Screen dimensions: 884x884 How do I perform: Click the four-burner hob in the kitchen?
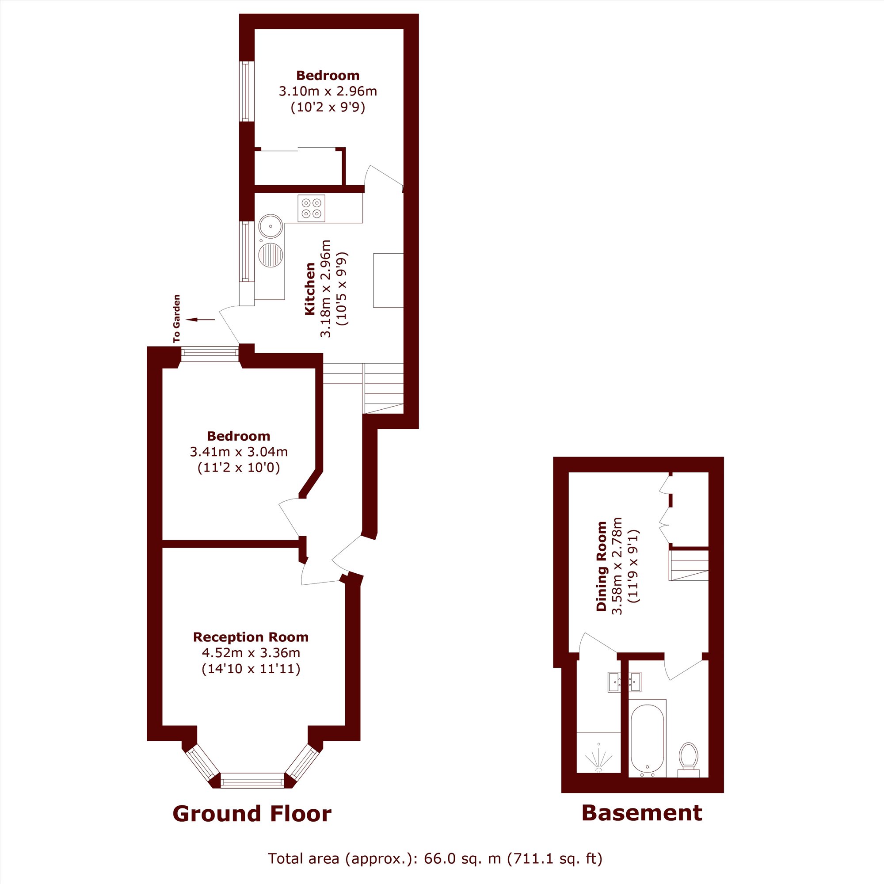312,209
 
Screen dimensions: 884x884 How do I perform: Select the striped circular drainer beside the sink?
271,255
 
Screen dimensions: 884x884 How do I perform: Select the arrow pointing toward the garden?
200,320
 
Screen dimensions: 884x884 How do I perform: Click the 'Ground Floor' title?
252,814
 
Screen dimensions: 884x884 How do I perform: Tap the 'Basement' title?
642,813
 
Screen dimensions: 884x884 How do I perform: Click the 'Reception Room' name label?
251,637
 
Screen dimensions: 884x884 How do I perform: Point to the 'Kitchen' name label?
310,289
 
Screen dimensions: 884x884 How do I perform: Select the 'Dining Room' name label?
601,566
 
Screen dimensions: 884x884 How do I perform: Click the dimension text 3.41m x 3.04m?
239,452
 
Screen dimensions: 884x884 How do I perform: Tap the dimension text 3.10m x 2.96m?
328,91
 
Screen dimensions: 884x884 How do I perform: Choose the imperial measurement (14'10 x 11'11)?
251,669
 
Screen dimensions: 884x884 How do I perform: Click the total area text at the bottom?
435,859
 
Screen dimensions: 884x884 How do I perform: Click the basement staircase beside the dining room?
689,565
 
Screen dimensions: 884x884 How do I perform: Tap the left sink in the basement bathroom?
614,682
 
